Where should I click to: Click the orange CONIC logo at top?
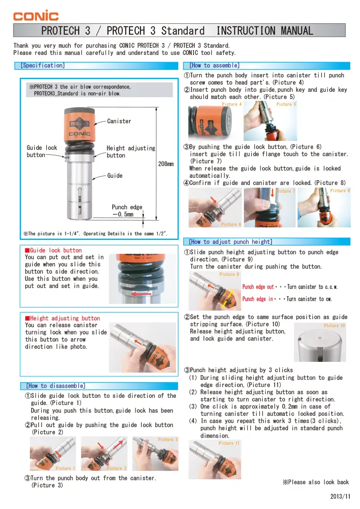[36, 16]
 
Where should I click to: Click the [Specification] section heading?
[43, 66]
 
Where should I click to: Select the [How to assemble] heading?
[214, 66]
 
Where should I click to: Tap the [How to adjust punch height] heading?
[230, 242]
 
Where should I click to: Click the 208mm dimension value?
[166, 164]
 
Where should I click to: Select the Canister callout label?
[119, 121]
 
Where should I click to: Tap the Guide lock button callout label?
[42, 151]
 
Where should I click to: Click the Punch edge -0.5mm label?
[127, 211]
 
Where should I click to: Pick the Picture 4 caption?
[232, 104]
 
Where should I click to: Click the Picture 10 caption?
[334, 326]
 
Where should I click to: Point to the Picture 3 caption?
[168, 440]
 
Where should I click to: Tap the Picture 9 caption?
[229, 275]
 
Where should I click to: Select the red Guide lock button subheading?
[54, 250]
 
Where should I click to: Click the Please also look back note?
[315, 482]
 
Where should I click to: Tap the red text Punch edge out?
[258, 287]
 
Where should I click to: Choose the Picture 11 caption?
[229, 443]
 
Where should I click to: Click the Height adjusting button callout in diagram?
[130, 152]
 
